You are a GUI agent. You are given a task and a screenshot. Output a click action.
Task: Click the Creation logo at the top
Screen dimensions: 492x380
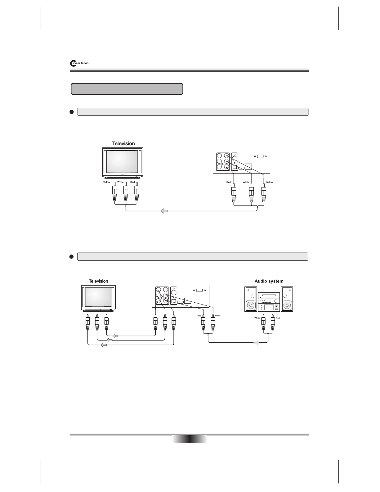79,63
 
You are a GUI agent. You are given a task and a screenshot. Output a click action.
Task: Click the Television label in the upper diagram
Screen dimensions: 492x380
123,143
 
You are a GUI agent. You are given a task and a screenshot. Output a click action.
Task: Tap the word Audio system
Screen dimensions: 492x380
269,281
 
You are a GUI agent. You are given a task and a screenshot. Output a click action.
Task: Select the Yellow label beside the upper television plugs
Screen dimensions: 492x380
106,182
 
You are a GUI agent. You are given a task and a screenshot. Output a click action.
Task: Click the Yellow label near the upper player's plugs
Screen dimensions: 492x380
269,182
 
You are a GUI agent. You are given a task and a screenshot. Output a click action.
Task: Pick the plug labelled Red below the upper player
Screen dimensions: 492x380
234,194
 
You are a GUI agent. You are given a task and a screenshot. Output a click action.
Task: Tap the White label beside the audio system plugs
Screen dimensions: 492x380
257,318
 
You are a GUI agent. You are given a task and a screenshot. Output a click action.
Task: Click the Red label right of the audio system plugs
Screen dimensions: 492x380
278,318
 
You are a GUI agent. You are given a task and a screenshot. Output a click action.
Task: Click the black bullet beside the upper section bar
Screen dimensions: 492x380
71,112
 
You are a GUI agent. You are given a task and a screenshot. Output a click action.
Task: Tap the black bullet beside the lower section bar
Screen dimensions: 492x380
71,256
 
